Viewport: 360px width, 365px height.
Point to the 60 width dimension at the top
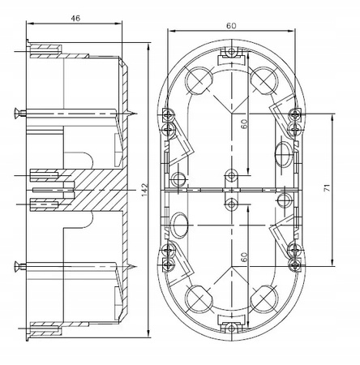pyautogui.click(x=232, y=27)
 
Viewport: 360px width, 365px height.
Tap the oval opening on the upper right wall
pyautogui.click(x=283, y=152)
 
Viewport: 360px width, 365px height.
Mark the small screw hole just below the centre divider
pyautogui.click(x=232, y=204)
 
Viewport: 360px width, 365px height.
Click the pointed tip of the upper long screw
pyautogui.click(x=139, y=113)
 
